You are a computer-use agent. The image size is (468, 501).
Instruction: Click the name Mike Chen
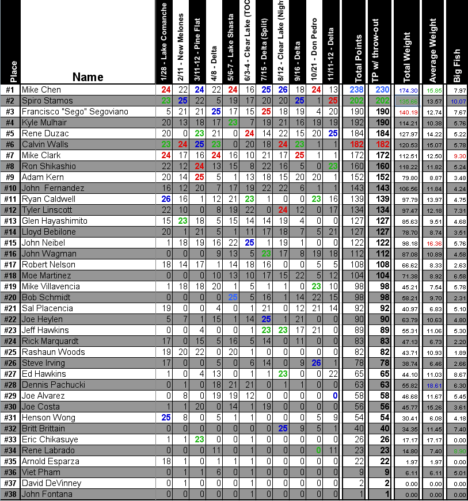click(41, 90)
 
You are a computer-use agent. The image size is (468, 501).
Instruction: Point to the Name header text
click(88, 77)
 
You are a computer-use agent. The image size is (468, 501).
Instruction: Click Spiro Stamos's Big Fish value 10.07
click(459, 101)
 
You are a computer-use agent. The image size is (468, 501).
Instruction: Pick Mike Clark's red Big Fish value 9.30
click(459, 156)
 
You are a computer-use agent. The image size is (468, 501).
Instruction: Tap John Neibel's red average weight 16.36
click(433, 243)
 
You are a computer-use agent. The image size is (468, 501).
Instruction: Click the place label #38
click(10, 494)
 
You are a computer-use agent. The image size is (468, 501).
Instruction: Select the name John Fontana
click(47, 494)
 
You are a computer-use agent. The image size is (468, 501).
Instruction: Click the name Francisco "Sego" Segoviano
click(74, 112)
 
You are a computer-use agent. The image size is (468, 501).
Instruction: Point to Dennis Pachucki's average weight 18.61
click(433, 385)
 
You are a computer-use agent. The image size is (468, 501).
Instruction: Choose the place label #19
click(10, 286)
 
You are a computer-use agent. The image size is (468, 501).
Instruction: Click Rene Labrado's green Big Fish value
click(459, 451)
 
